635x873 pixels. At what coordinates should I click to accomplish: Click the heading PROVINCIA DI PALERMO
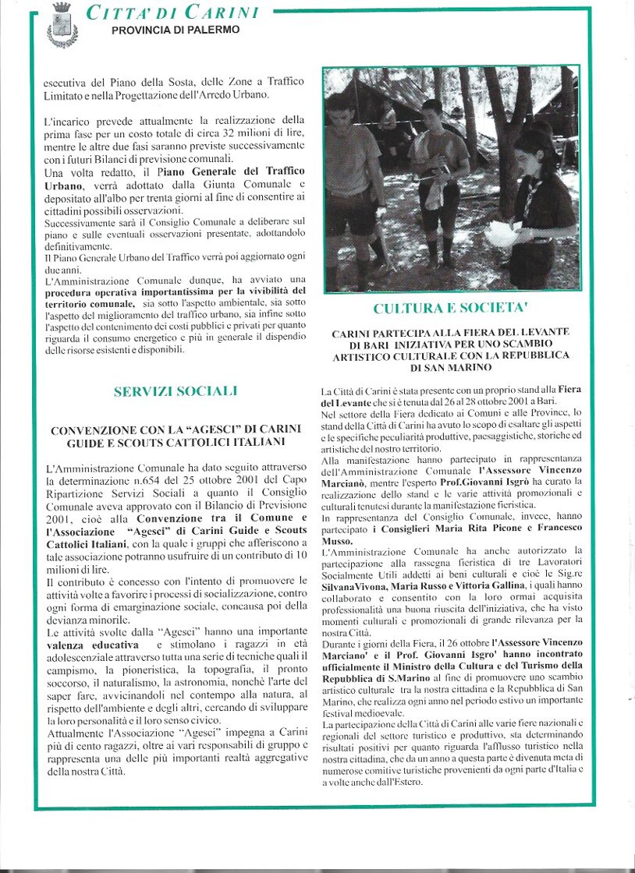pyautogui.click(x=176, y=30)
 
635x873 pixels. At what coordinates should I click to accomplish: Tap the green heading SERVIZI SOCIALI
pyautogui.click(x=175, y=391)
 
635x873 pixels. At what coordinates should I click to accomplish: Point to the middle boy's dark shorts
pyautogui.click(x=439, y=204)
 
